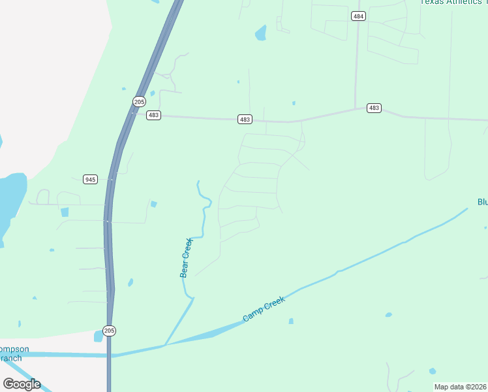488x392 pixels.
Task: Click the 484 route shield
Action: (358, 16)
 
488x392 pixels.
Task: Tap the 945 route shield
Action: (91, 179)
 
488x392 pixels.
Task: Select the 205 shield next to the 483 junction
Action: (138, 101)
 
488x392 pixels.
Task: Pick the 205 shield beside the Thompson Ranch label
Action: (109, 331)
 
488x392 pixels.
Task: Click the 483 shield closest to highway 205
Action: (153, 115)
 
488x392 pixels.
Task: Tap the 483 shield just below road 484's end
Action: (374, 108)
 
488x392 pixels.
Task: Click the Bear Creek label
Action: (187, 257)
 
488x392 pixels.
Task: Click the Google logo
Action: (22, 384)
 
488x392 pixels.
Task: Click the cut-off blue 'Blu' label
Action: (482, 202)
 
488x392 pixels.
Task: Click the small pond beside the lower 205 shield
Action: (99, 336)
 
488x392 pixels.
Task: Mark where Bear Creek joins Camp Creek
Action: (165, 344)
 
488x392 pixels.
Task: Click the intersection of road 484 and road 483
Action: (356, 109)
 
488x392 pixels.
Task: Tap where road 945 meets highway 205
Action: (111, 179)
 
